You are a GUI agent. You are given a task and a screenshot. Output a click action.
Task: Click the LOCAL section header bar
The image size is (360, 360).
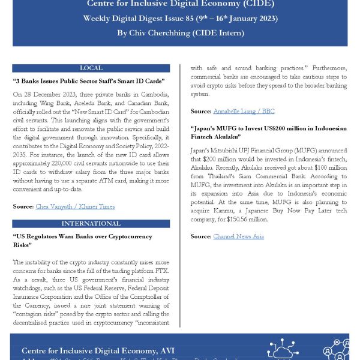coord(91,68)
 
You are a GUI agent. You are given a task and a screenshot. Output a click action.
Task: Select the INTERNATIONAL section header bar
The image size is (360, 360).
coord(91,223)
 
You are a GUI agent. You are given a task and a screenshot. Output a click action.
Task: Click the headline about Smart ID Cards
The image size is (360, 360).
coord(89,80)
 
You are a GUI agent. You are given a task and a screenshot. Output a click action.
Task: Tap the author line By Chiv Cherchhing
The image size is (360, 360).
coord(180,33)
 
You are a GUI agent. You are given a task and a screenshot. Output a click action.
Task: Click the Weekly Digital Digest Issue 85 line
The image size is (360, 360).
coord(180,19)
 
